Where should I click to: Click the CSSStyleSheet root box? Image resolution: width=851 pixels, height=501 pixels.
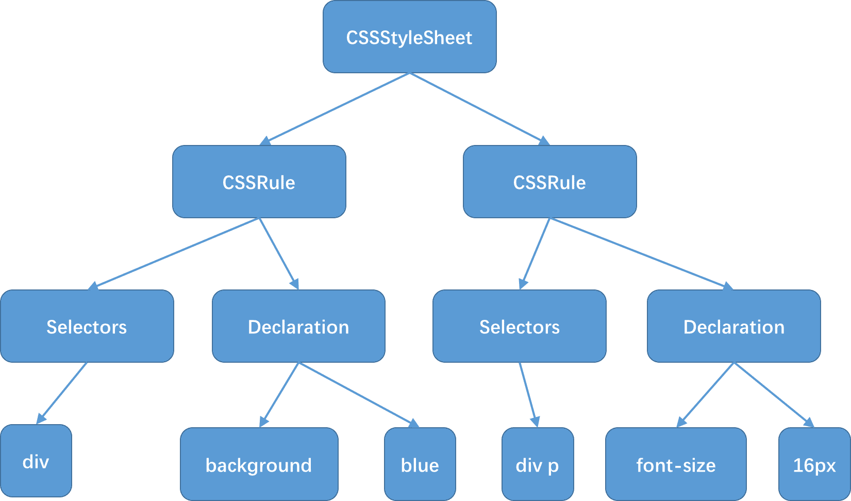(410, 37)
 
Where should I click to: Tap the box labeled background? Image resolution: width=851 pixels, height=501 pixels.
(259, 464)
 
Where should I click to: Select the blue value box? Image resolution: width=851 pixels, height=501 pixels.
(420, 464)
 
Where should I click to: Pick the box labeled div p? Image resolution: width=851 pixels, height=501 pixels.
(538, 464)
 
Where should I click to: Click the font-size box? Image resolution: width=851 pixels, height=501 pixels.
(676, 464)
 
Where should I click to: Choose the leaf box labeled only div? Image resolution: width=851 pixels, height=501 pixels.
(36, 461)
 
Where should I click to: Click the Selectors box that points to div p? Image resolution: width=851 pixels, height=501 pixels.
(520, 326)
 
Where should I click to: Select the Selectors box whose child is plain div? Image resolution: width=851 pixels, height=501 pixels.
(87, 326)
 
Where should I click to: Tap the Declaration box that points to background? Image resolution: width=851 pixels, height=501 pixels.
(298, 326)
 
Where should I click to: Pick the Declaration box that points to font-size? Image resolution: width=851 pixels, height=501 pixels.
(734, 326)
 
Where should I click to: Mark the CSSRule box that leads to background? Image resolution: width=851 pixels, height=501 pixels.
(259, 182)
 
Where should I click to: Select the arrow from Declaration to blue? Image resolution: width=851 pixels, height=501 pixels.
(359, 395)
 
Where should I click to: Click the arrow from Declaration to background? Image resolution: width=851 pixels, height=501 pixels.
(279, 395)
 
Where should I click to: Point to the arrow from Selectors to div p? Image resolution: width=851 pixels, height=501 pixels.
(529, 395)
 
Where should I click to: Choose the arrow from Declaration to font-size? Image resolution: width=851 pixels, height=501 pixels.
(706, 395)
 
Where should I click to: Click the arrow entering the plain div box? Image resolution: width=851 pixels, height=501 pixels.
(61, 393)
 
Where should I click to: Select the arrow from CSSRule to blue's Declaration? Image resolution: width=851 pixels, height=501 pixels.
(279, 254)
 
